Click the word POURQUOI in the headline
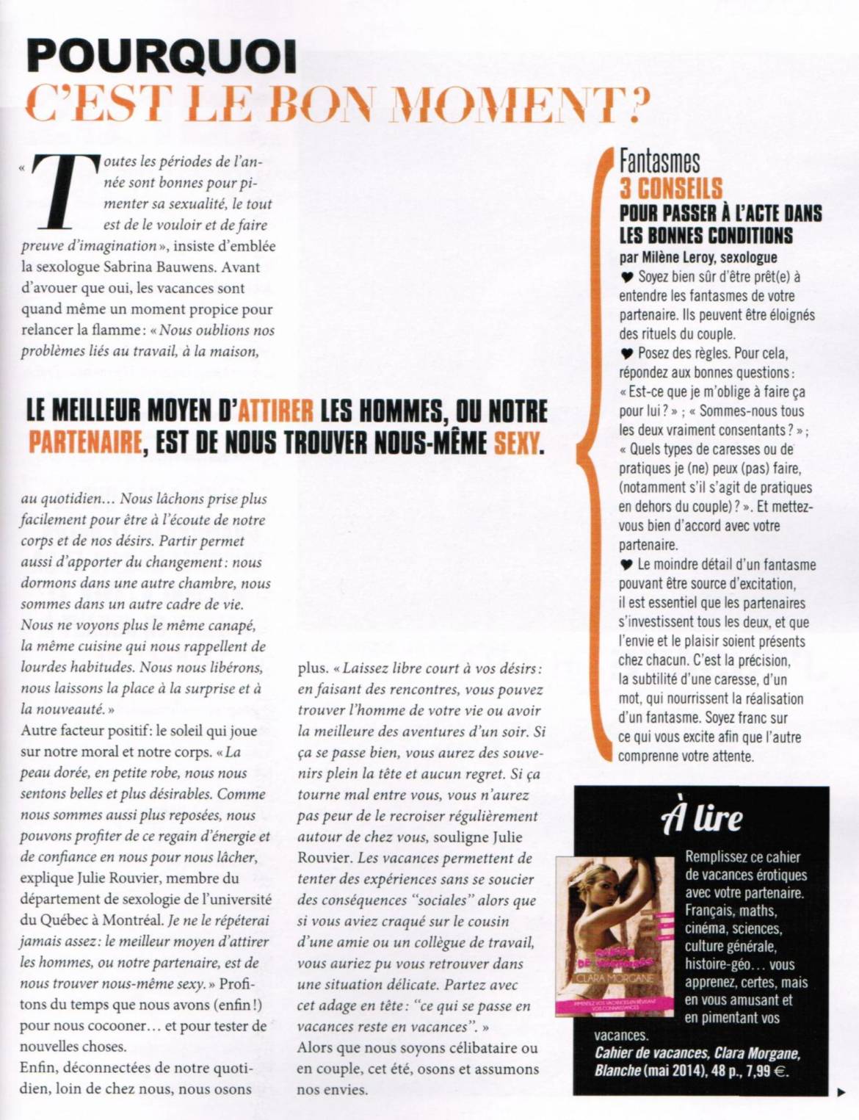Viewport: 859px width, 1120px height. click(x=162, y=57)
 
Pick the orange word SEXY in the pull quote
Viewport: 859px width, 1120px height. click(x=517, y=443)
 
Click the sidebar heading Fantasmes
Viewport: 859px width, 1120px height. click(x=659, y=161)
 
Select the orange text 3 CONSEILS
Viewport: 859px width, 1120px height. click(x=671, y=189)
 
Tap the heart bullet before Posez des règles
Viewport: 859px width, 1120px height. click(x=626, y=354)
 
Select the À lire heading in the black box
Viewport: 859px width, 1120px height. click(x=702, y=818)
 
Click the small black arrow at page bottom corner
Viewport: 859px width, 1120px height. click(x=841, y=1093)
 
